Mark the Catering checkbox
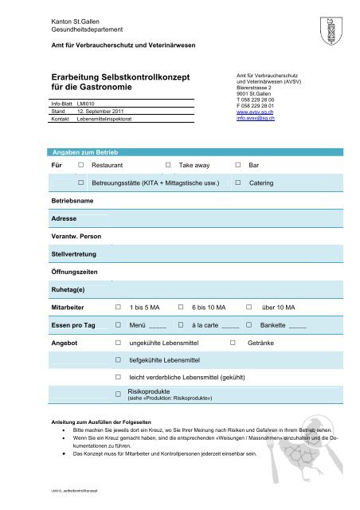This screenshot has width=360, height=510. click(x=239, y=183)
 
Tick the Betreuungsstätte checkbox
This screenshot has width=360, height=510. click(x=81, y=183)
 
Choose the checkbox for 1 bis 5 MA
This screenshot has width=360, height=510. click(x=119, y=306)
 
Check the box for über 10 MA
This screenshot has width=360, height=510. click(x=249, y=306)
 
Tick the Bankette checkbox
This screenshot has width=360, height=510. click(x=249, y=325)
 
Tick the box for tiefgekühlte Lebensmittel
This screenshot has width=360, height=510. click(x=118, y=360)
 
